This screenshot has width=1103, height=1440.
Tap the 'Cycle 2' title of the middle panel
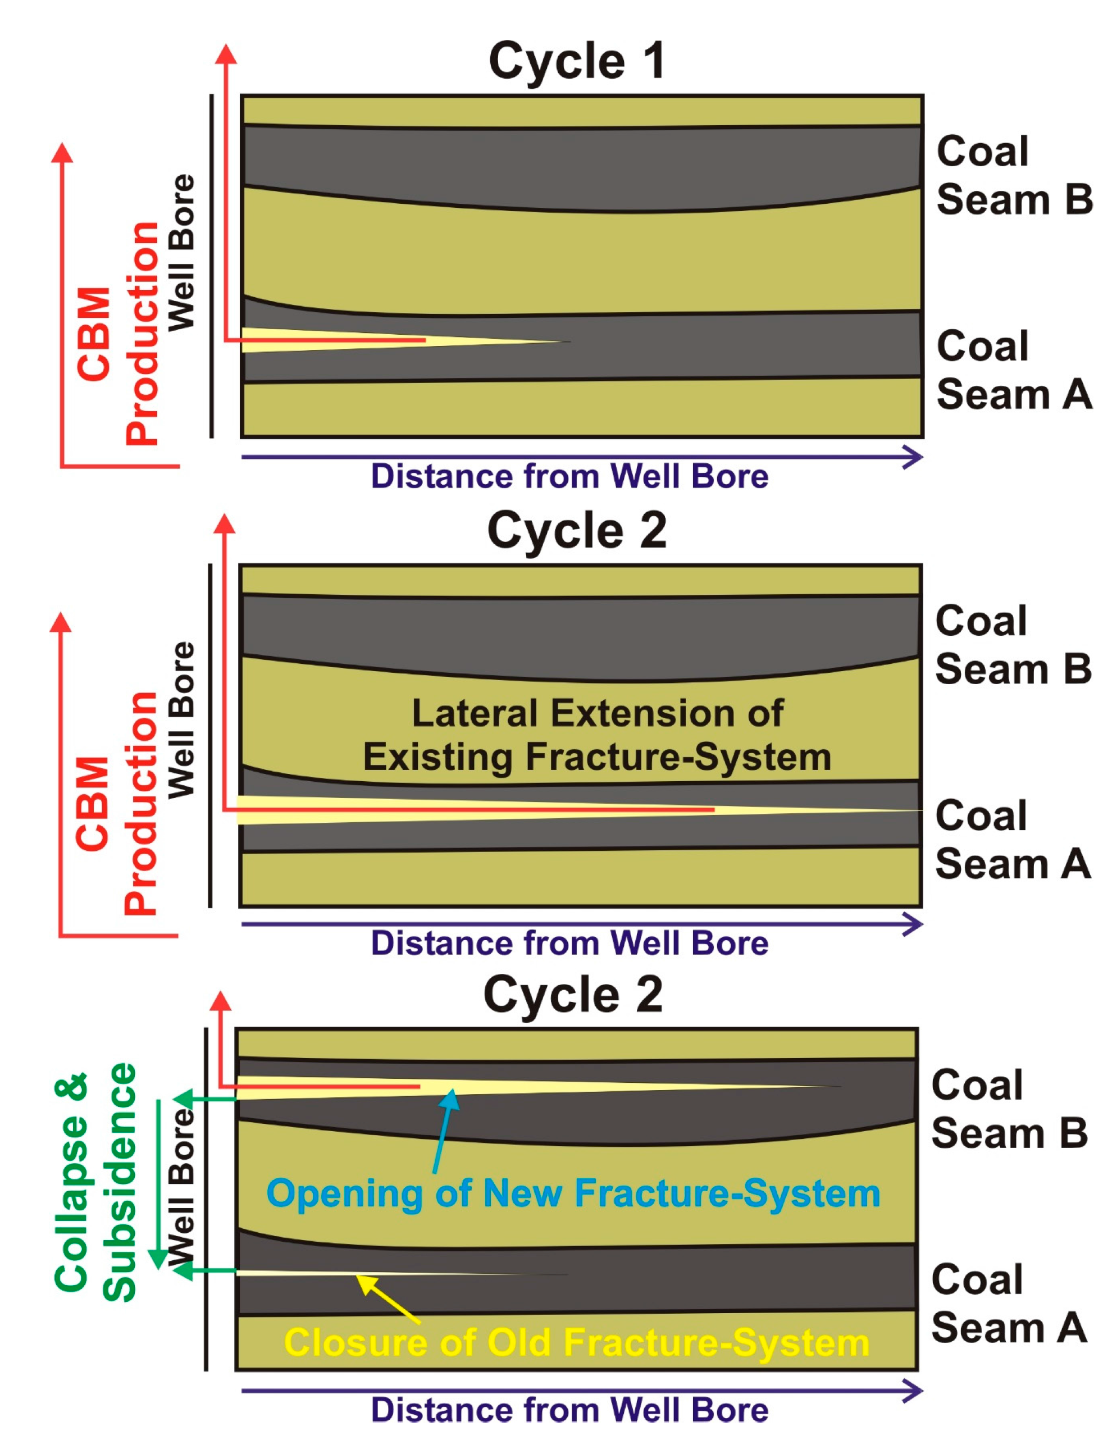tap(576, 531)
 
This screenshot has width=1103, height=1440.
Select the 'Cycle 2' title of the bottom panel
tap(572, 995)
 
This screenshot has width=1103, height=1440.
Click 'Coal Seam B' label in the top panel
tap(1013, 175)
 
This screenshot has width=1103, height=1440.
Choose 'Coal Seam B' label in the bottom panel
tap(1009, 1109)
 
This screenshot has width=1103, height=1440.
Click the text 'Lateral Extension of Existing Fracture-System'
tap(597, 735)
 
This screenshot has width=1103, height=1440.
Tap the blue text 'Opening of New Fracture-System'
tap(572, 1192)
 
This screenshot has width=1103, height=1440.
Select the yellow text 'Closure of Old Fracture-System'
tap(576, 1342)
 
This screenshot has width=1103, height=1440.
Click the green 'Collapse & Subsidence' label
tap(95, 1182)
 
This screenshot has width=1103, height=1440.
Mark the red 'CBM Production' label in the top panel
tap(118, 334)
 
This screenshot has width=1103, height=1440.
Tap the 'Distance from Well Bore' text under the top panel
tap(569, 476)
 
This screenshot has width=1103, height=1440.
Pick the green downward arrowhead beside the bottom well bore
tap(158, 1258)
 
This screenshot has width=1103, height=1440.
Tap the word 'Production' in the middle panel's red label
tap(141, 803)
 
